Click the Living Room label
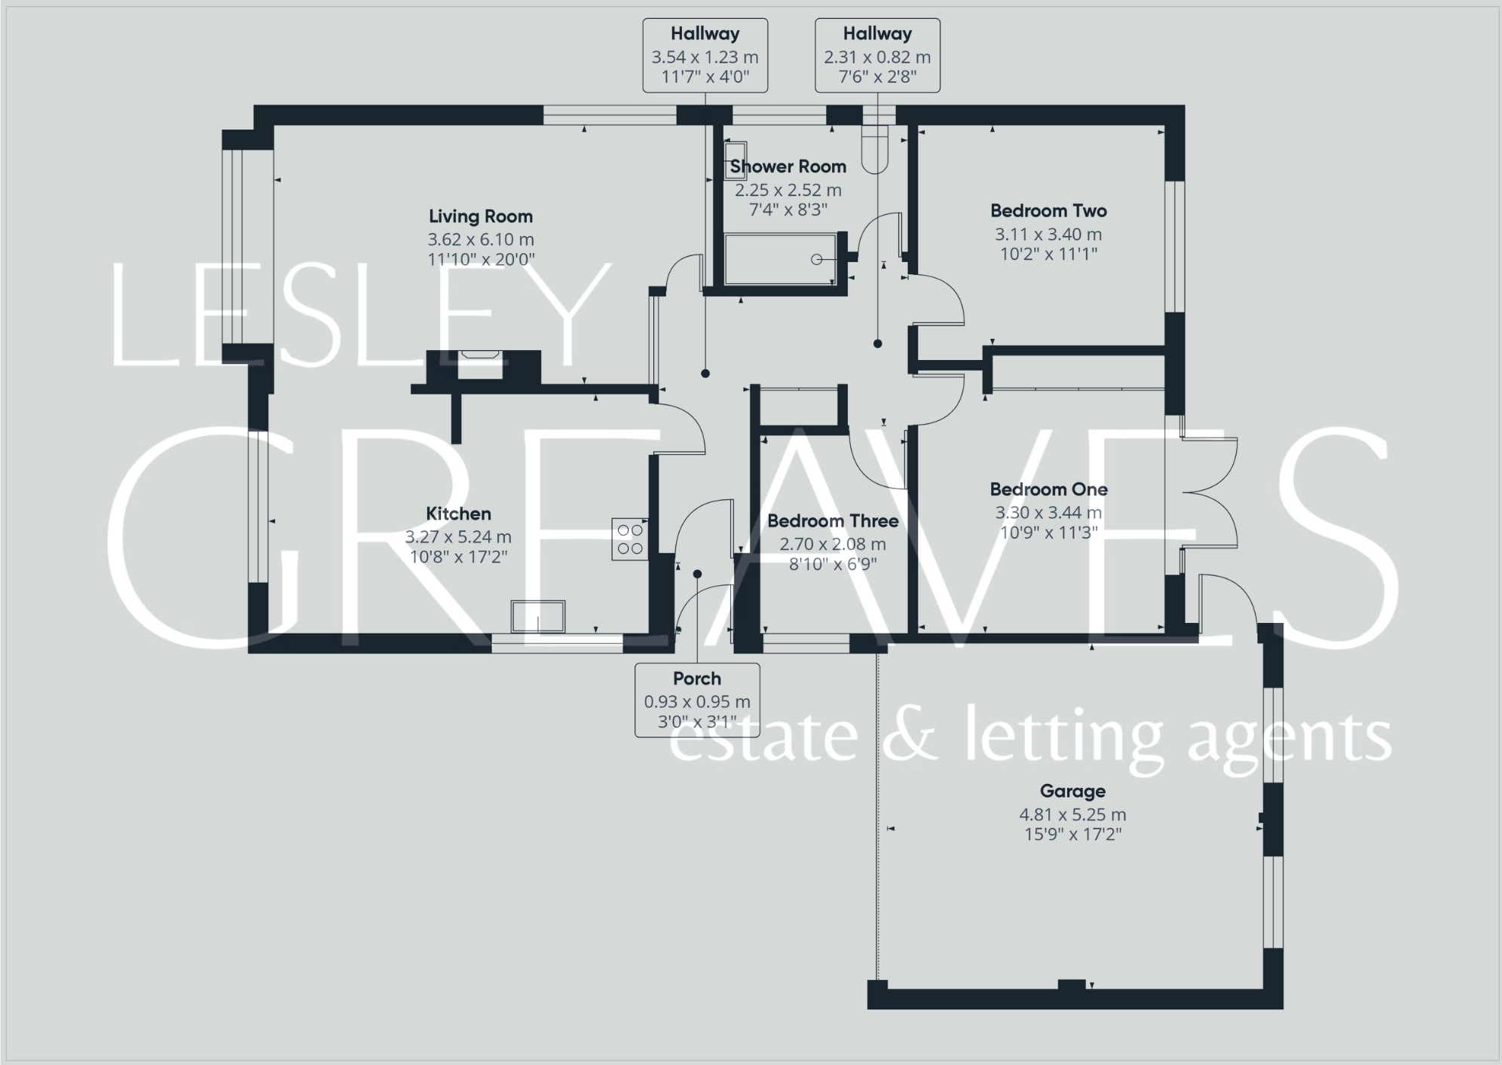[x=481, y=217]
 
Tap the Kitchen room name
[x=458, y=514]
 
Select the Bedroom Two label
[x=1048, y=211]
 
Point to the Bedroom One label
[x=1048, y=490]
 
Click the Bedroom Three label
[x=833, y=521]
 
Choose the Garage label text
[x=1072, y=792]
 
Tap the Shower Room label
[x=788, y=166]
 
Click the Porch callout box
[x=697, y=700]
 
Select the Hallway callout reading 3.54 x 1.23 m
[x=705, y=56]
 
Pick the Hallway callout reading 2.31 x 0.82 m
[x=877, y=56]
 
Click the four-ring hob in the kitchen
[x=630, y=539]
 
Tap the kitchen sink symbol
[x=538, y=616]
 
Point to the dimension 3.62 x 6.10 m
[x=481, y=240]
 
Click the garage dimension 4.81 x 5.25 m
[x=1072, y=815]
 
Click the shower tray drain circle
[x=816, y=260]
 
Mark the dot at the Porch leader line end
[x=697, y=574]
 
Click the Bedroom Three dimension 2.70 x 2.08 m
[x=833, y=544]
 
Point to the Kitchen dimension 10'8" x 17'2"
[x=458, y=557]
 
